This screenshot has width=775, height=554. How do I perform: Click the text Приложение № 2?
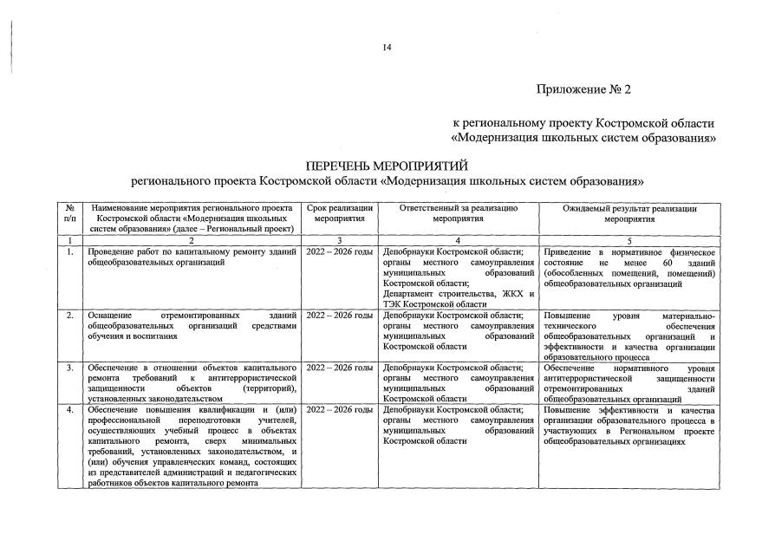(596, 89)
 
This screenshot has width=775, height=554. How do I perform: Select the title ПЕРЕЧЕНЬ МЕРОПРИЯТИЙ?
(387, 166)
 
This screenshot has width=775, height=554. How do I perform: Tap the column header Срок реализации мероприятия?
(340, 214)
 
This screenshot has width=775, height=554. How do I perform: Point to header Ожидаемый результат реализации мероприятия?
(629, 214)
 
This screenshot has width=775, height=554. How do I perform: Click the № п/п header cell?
(70, 214)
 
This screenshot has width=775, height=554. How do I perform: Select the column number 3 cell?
(340, 239)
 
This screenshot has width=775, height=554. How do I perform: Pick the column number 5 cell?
(629, 239)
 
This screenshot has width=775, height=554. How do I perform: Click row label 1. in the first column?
(70, 251)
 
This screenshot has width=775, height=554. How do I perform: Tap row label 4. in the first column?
(70, 408)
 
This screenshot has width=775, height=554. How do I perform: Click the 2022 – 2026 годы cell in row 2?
(340, 316)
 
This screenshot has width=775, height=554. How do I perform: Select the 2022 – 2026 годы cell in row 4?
(340, 408)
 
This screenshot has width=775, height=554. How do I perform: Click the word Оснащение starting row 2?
(114, 316)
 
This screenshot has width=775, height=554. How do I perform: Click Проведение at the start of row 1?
(114, 251)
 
